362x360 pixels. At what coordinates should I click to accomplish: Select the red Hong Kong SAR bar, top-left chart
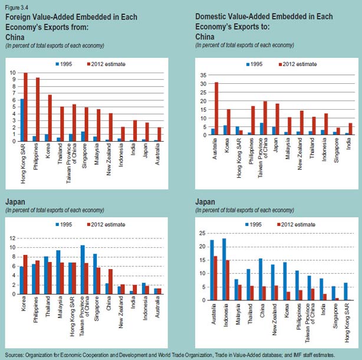[25, 107]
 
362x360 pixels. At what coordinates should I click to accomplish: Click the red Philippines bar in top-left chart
[38, 109]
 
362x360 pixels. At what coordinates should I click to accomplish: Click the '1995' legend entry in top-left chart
[67, 64]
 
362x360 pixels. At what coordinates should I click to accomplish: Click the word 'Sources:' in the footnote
[14, 351]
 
